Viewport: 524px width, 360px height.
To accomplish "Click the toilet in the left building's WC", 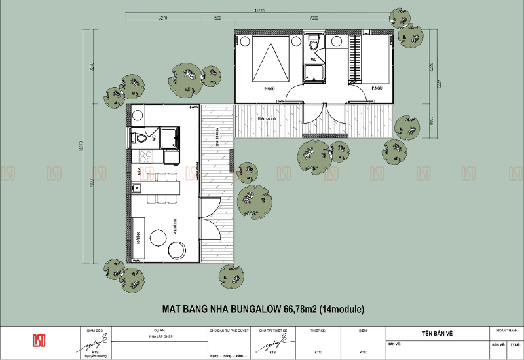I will (x=140, y=138).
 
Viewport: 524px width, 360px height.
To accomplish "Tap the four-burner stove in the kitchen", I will (x=143, y=157).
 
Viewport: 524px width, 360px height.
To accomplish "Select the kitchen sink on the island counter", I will (x=138, y=189).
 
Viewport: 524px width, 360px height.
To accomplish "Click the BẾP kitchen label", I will (x=139, y=171).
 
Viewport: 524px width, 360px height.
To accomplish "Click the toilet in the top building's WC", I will (x=315, y=45).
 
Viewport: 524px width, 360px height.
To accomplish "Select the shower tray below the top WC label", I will (x=315, y=73).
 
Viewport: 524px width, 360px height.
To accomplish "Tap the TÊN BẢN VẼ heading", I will (x=438, y=334).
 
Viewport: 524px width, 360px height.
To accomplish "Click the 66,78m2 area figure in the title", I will (x=300, y=308).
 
